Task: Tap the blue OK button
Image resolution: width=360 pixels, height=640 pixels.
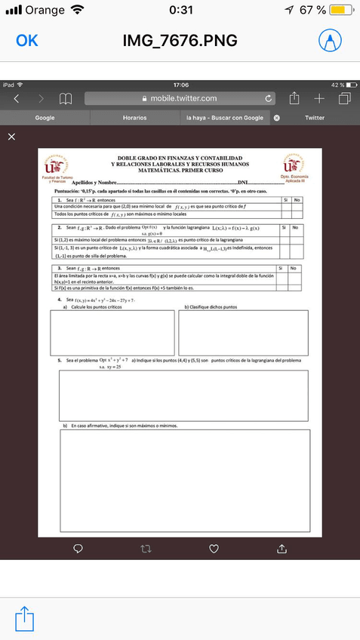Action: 27,41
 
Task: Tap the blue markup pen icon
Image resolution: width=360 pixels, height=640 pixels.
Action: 330,41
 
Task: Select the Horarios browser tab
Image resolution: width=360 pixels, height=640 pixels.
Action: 134,118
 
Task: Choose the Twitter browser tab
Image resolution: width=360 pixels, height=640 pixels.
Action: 315,118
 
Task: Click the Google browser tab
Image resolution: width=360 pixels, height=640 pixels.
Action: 45,118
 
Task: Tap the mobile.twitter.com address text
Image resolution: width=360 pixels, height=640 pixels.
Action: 183,98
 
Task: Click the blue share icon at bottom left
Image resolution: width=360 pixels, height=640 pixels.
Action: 25,618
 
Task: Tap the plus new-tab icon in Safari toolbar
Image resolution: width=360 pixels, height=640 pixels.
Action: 319,98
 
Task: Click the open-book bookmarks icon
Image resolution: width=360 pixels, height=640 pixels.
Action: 66,98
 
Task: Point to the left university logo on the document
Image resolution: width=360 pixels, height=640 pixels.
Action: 55,166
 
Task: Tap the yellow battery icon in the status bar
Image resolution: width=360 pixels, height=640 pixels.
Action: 340,10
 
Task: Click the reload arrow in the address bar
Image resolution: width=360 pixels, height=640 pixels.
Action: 269,98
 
